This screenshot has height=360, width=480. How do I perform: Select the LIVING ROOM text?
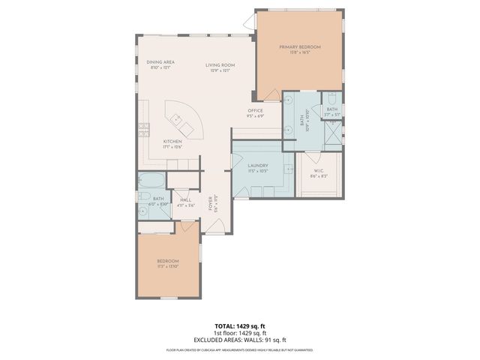click(220, 65)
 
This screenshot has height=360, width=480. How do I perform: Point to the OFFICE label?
click(256, 111)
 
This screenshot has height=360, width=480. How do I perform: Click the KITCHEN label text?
click(173, 142)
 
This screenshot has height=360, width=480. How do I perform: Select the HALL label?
click(185, 199)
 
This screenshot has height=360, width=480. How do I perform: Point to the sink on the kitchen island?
click(177, 118)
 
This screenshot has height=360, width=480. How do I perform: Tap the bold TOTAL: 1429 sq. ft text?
click(239, 326)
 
